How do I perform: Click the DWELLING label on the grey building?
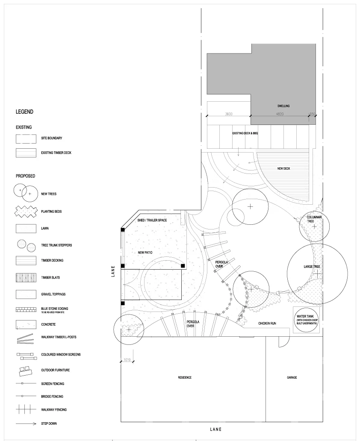(283, 106)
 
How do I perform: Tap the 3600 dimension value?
(229, 114)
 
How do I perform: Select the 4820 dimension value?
(280, 114)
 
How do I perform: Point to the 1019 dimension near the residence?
(127, 360)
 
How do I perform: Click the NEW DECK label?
(283, 168)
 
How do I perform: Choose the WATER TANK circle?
(307, 320)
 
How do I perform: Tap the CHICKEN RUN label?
(267, 323)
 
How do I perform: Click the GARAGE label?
(292, 377)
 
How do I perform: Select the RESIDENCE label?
(185, 377)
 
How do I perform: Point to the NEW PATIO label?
(145, 253)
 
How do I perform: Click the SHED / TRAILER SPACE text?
(152, 220)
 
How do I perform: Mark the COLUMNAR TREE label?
(314, 219)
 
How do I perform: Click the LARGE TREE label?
(312, 267)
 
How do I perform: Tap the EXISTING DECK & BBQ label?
(245, 133)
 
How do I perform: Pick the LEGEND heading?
(24, 112)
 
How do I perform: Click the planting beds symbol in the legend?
(26, 212)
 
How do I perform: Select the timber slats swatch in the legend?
(26, 278)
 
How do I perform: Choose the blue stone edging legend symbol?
(26, 310)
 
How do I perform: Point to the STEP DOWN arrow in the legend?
(26, 423)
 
